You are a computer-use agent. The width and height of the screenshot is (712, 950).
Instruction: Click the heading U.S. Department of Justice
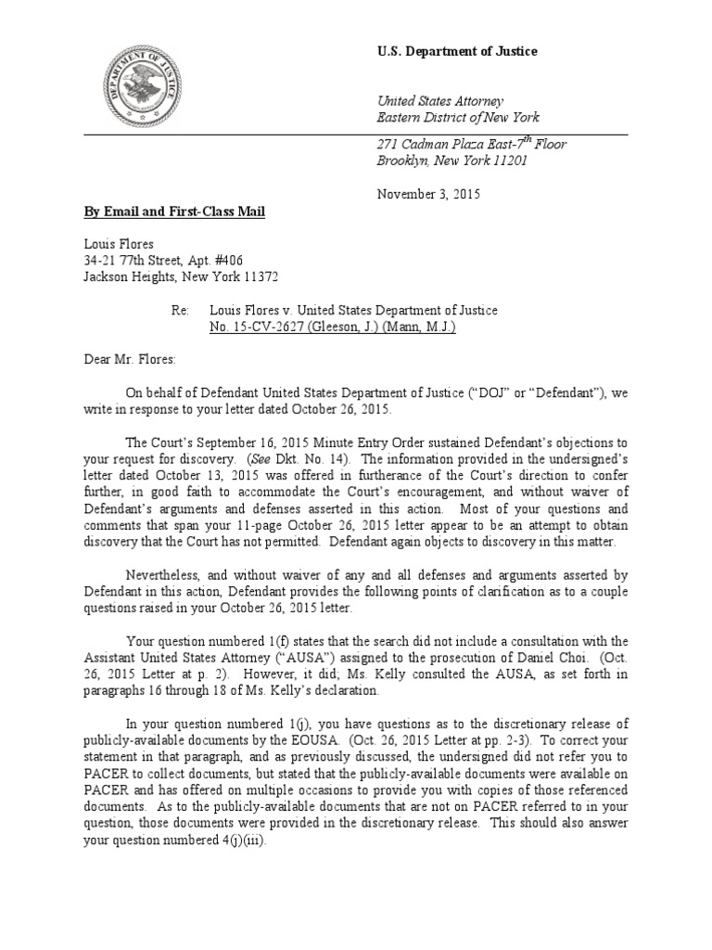[x=456, y=52]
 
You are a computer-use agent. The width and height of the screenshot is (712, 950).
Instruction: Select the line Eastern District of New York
[x=457, y=118]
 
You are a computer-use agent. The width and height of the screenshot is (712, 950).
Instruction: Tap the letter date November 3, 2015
[x=428, y=195]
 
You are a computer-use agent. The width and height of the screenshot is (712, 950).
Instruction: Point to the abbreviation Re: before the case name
[x=180, y=311]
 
